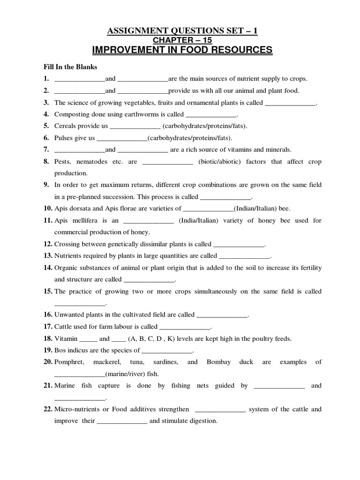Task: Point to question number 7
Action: point(46,150)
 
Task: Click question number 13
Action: point(47,255)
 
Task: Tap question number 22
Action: point(47,409)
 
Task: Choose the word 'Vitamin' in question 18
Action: point(65,338)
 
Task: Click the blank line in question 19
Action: point(166,351)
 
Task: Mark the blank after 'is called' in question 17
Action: point(185,327)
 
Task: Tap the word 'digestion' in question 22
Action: point(202,421)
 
